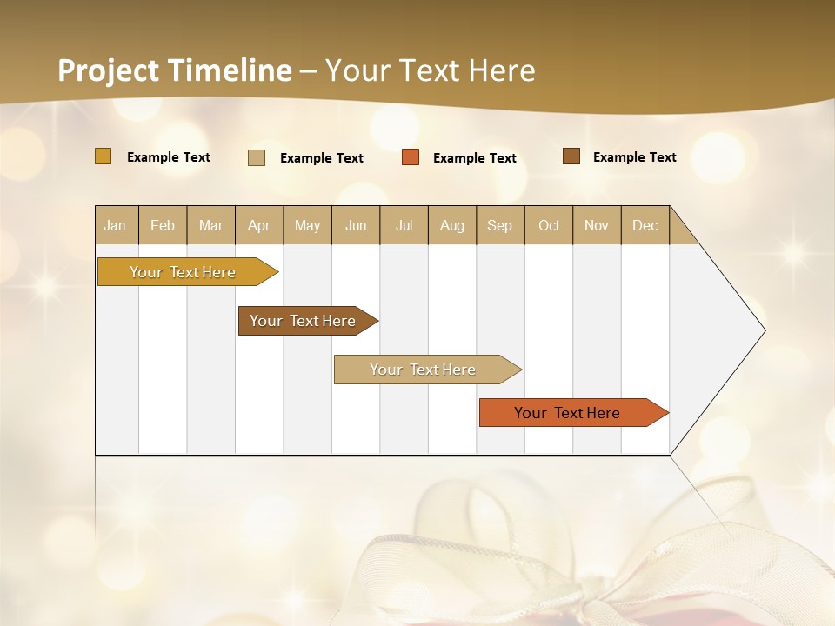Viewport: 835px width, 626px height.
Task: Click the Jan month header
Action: click(116, 225)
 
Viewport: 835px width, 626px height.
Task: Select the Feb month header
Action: click(163, 225)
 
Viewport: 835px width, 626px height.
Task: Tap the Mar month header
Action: click(210, 225)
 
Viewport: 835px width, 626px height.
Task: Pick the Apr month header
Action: click(259, 225)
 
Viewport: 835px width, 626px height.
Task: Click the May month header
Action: click(307, 225)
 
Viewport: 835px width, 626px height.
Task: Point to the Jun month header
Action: click(356, 225)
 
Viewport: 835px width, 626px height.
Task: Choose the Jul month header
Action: click(404, 225)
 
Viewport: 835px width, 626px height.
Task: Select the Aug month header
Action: click(452, 225)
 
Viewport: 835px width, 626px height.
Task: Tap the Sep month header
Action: click(500, 225)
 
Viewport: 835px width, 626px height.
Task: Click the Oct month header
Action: click(549, 225)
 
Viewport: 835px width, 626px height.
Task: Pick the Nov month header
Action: click(597, 225)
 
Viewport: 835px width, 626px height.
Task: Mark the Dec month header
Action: click(645, 225)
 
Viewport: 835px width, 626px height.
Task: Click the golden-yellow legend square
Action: click(104, 156)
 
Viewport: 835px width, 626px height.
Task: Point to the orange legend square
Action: click(411, 157)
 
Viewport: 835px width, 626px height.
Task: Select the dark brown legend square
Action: click(571, 156)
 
